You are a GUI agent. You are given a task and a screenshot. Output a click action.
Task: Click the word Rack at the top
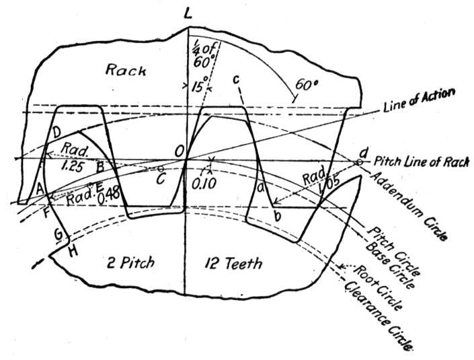point(126,70)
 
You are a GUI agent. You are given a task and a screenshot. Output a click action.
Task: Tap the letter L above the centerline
point(188,13)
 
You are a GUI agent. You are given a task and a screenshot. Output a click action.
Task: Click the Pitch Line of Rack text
point(422,161)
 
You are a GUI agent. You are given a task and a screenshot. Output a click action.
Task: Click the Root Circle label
point(377,288)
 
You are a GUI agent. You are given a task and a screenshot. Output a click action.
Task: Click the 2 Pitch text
point(130,262)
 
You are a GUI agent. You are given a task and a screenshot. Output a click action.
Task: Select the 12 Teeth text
point(233,263)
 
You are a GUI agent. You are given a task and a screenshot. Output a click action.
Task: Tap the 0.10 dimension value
point(204,183)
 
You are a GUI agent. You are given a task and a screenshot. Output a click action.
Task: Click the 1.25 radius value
point(72,166)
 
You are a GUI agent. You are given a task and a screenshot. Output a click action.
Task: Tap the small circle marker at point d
point(359,162)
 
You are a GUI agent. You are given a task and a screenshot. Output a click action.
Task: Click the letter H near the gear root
point(73,252)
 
